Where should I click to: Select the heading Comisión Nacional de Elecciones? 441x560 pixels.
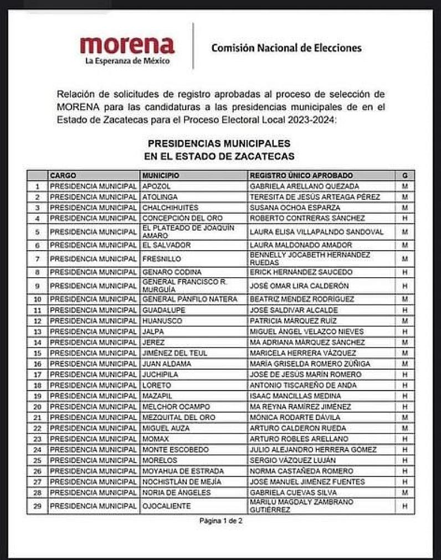tap(286, 48)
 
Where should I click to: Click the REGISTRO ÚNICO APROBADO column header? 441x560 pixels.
tap(301, 175)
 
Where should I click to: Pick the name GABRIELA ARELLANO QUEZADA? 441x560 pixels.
tap(304, 186)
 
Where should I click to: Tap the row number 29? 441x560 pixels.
tap(37, 506)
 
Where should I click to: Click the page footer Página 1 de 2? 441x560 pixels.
tap(221, 521)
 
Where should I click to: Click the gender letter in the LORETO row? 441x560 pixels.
tap(404, 385)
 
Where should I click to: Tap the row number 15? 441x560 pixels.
tap(37, 353)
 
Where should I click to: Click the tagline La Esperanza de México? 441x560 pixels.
tap(127, 61)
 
